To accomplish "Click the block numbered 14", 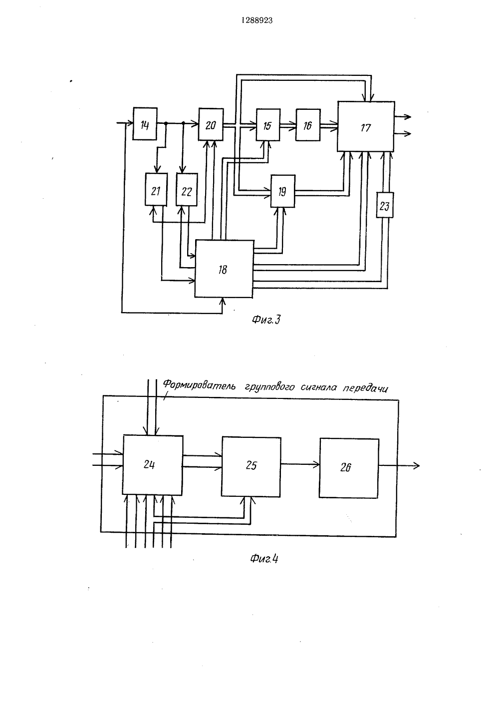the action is point(145,123).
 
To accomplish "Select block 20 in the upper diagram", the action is point(211,124).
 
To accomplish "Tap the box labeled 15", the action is point(268,125).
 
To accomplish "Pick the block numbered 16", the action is point(308,125).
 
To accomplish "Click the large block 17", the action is point(366,126).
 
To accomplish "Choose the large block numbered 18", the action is point(224,269).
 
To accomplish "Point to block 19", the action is point(283,191).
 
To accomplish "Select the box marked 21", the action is point(156,189).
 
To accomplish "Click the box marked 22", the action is point(187,190).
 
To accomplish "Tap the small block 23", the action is point(385,205).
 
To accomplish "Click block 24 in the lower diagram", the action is point(153,465).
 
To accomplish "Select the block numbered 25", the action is point(251,467).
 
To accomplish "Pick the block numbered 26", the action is point(349,468).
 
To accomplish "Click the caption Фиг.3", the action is point(266,320).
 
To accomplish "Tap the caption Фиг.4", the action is point(264,559).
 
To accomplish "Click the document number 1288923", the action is point(257,20).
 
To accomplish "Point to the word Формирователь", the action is point(199,385).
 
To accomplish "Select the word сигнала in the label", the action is point(319,387).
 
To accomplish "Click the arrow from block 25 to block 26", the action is point(300,464).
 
